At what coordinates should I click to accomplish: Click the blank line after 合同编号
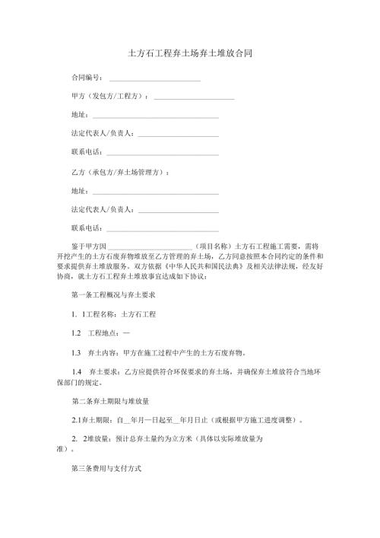[155, 79]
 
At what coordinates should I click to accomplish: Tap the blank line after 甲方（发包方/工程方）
[194, 98]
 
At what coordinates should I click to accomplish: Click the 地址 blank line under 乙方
[155, 191]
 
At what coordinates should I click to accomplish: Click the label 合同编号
[85, 79]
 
